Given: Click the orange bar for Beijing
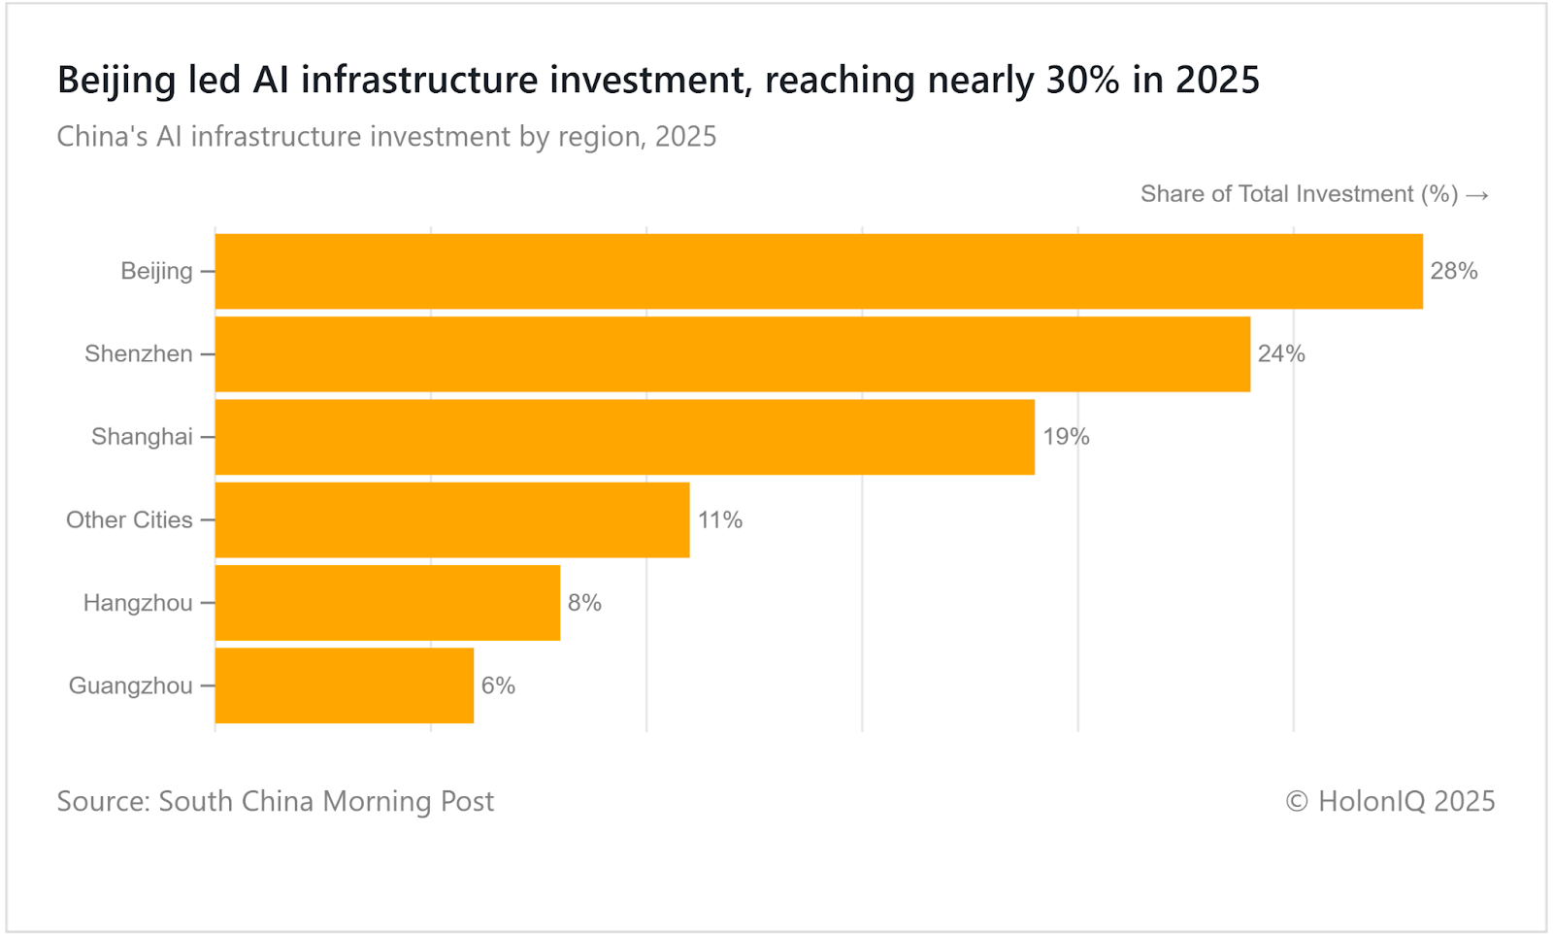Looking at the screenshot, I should pos(818,271).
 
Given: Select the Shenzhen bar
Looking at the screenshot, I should pos(732,354).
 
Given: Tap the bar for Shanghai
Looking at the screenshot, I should pos(624,437).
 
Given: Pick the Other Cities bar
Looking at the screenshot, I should pos(452,520).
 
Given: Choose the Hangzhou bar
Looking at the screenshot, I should pos(387,603).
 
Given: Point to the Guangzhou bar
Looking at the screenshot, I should pos(344,685).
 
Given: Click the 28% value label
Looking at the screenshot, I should pos(1453,271).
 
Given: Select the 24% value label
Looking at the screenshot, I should pos(1281,354).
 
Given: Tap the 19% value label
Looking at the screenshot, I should pos(1066,437).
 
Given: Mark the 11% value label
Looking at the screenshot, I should pos(720,520).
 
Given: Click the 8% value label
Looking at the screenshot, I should pos(584,603).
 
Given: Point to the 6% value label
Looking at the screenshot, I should pos(498,685).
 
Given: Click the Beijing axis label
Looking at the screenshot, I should pos(156,271).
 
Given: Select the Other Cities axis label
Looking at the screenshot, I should pos(129,520).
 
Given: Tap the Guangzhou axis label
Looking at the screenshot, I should pos(130,685).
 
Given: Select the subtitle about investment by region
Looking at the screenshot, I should pos(386,136).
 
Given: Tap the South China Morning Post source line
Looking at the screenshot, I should pos(276,801).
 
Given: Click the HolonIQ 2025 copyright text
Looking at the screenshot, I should pos(1390,801).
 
